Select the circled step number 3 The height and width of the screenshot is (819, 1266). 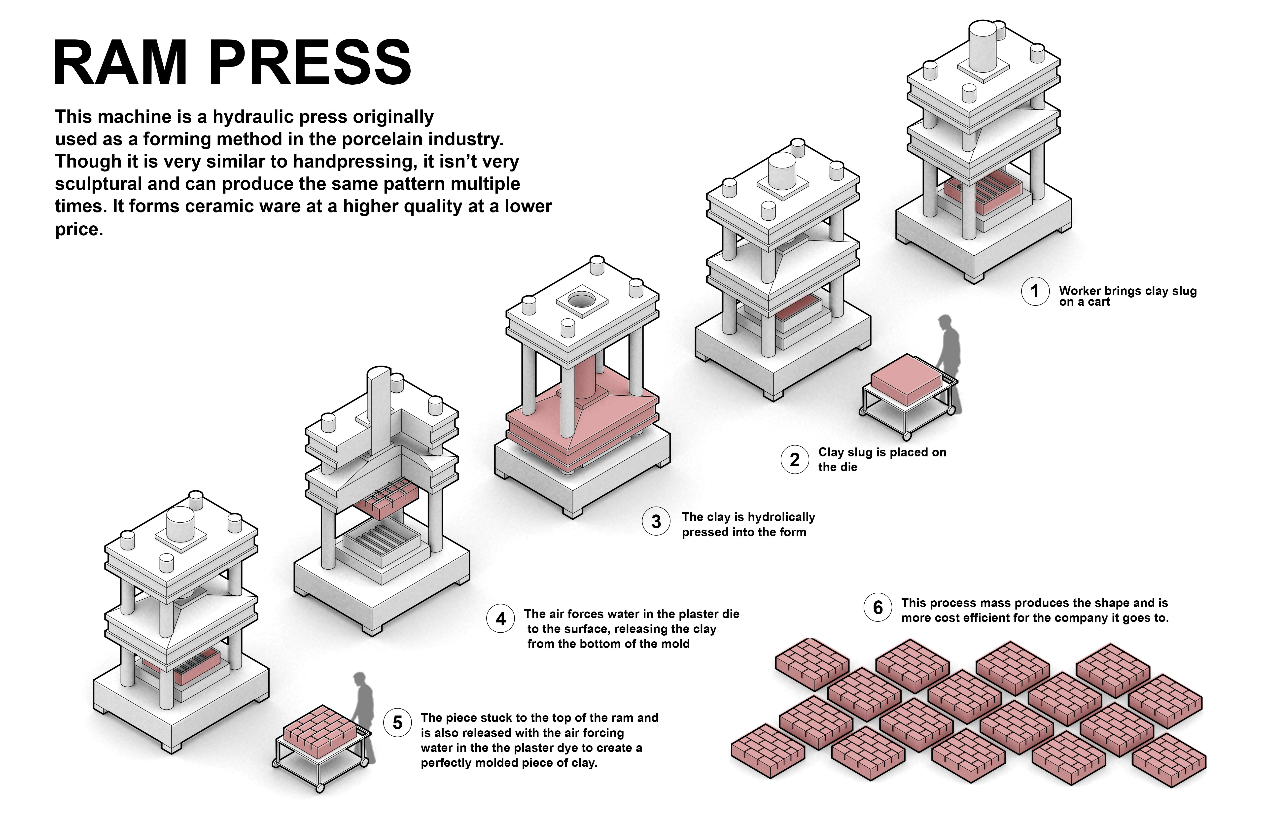[656, 522]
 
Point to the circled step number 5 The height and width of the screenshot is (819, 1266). [397, 723]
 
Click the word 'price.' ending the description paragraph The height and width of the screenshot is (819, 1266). [79, 229]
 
